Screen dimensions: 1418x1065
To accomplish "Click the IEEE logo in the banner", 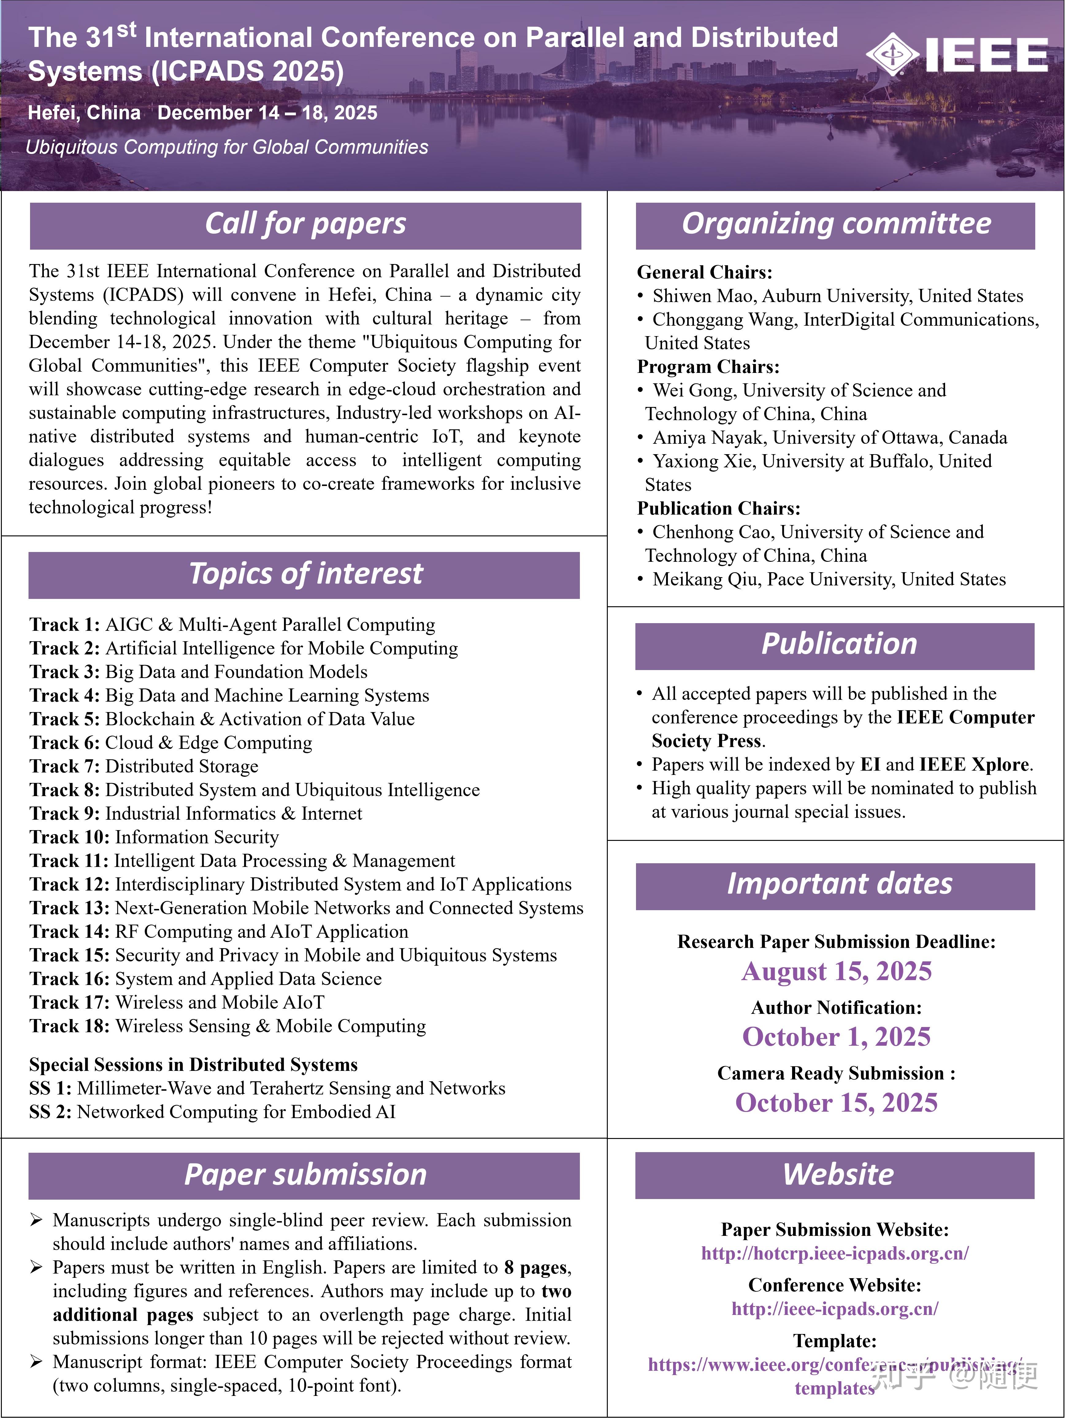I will pyautogui.click(x=957, y=55).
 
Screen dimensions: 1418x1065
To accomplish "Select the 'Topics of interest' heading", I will pyautogui.click(x=305, y=574).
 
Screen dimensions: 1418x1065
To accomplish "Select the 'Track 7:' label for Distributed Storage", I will pyautogui.click(x=64, y=767).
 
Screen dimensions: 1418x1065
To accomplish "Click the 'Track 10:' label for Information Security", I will pyautogui.click(x=69, y=837).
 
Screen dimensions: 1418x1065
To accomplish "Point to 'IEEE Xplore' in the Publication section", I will pyautogui.click(x=974, y=765).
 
